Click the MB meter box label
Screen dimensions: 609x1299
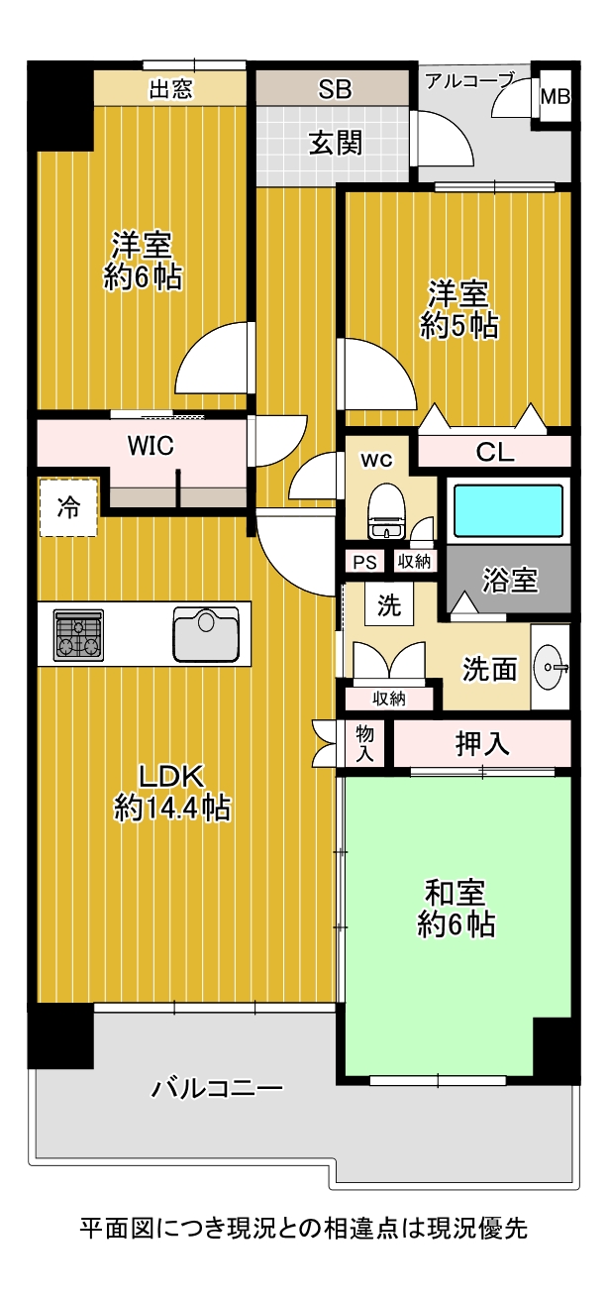pos(556,97)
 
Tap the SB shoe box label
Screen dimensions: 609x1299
pos(335,89)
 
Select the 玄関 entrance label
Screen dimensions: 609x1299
pos(335,143)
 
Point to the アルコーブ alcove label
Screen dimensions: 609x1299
pos(469,80)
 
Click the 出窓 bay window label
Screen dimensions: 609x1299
pos(171,90)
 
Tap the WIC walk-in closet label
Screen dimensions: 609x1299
pos(151,446)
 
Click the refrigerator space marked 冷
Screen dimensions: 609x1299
pos(68,507)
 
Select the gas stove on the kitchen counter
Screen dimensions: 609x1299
pos(79,635)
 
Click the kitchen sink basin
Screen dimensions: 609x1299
pos(206,634)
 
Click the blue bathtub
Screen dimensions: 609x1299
pos(508,510)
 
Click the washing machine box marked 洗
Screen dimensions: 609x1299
pos(389,604)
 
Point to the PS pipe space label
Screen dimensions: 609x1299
pos(365,562)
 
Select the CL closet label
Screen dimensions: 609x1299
pos(495,453)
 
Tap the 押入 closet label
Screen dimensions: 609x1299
pos(482,744)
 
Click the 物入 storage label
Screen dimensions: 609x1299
pos(364,744)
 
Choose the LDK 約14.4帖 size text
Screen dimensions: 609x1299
pos(172,792)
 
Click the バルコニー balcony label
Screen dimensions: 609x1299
pos(217,1088)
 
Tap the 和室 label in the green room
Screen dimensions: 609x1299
pos(455,893)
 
